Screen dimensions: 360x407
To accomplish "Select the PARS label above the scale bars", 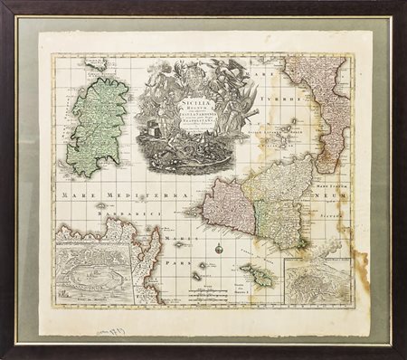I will (173, 267).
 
